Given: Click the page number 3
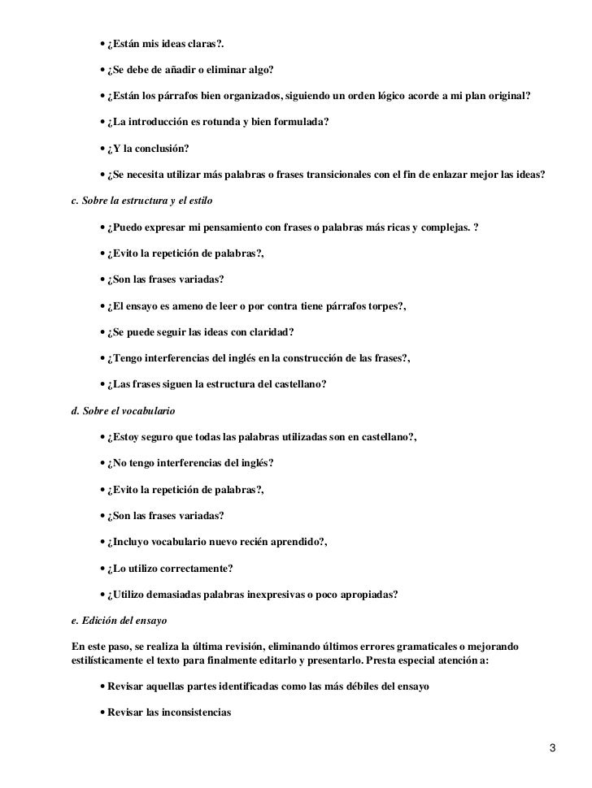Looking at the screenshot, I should coord(552,747).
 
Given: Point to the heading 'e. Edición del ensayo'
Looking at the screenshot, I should coord(119,621).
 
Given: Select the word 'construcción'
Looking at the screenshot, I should coord(310,359).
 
